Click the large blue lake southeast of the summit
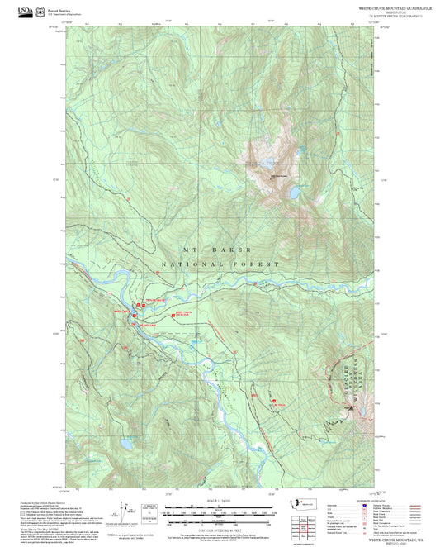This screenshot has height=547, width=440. tap(293, 193)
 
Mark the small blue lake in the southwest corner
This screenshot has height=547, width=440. tap(126, 443)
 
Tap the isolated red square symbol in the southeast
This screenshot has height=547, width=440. tap(274, 402)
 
